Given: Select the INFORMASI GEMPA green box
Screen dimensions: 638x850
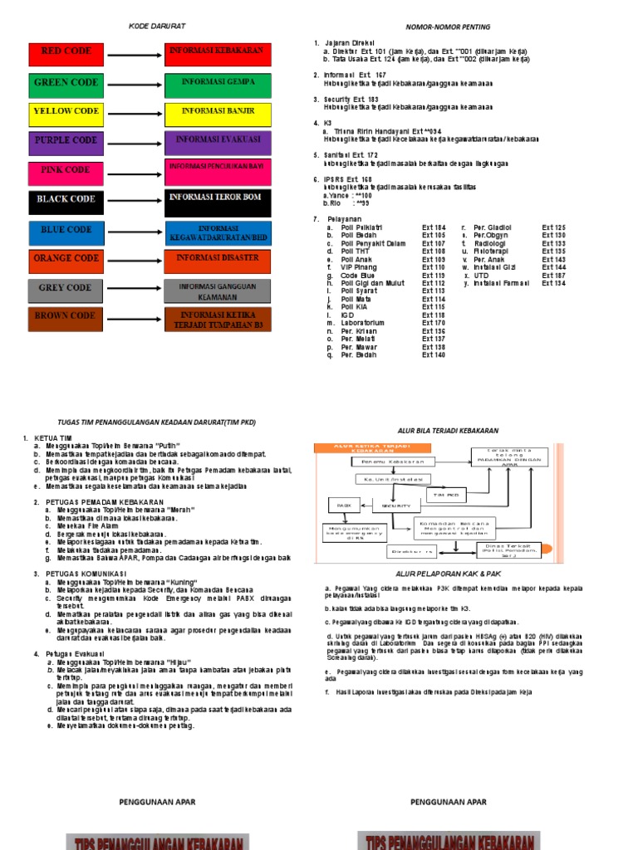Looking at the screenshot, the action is click(217, 83).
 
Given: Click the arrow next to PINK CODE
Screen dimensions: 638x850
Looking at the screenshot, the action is click(131, 170).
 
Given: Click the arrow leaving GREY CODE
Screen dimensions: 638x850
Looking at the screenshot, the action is click(131, 289).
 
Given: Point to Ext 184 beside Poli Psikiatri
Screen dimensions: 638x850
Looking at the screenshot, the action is click(434, 227).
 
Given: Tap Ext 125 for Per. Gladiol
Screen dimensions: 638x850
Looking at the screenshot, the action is click(553, 227).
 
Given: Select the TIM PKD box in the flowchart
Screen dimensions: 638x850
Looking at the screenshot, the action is click(445, 495).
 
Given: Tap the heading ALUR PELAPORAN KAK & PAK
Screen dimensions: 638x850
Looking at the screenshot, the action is click(447, 574).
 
